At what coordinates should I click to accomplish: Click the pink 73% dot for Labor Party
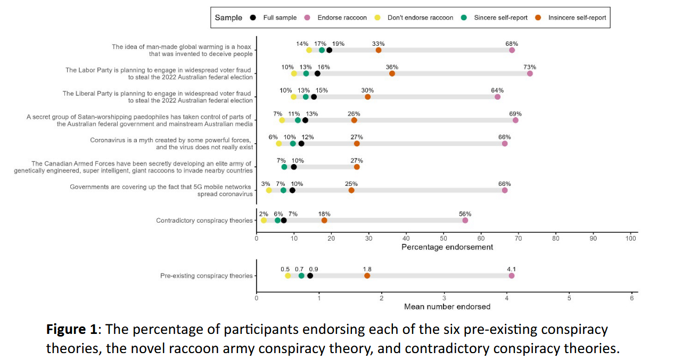coord(530,73)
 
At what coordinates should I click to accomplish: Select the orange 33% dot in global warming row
coord(379,50)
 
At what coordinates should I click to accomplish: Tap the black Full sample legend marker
coord(252,18)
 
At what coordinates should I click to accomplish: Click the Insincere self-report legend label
coord(577,18)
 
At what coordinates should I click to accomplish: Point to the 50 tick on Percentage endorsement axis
coord(443,238)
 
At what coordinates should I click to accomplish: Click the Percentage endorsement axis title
coord(447,247)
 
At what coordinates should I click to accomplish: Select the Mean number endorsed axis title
coord(447,306)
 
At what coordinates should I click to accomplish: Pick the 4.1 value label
coord(512,269)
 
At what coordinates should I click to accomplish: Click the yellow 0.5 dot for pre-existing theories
coord(288,276)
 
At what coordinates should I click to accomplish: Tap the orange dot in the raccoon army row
coord(357,167)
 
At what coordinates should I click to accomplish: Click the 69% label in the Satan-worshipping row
coord(515,113)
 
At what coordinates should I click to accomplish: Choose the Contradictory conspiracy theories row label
coord(204,220)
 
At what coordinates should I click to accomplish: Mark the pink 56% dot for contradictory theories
coord(465,220)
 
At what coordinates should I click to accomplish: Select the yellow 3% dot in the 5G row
coord(269,190)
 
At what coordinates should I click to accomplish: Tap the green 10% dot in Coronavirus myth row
coord(293,144)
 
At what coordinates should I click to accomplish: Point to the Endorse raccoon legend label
coord(342,18)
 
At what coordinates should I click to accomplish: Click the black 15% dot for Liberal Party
coord(314,97)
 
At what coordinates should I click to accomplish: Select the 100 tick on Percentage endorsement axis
coord(630,238)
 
